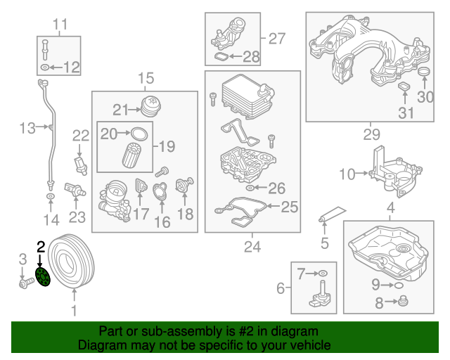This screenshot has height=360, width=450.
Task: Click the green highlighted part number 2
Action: point(42,278)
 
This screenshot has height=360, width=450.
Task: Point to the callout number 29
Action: point(371,134)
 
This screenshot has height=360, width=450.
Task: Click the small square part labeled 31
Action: point(405,87)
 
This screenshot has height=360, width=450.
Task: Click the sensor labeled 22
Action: point(80,164)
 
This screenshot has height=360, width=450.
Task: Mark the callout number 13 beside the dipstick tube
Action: point(27,128)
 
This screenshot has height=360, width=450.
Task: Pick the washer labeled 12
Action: point(46,67)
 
